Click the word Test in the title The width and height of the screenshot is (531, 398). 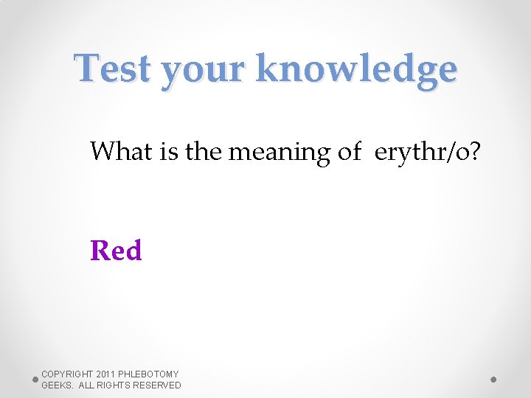[113, 69]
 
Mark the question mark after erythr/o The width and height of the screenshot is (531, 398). [473, 152]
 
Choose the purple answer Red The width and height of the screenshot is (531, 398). [116, 251]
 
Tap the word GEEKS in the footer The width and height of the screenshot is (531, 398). [56, 385]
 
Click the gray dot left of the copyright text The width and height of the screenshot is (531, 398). [35, 380]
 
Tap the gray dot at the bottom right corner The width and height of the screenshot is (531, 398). [493, 380]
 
